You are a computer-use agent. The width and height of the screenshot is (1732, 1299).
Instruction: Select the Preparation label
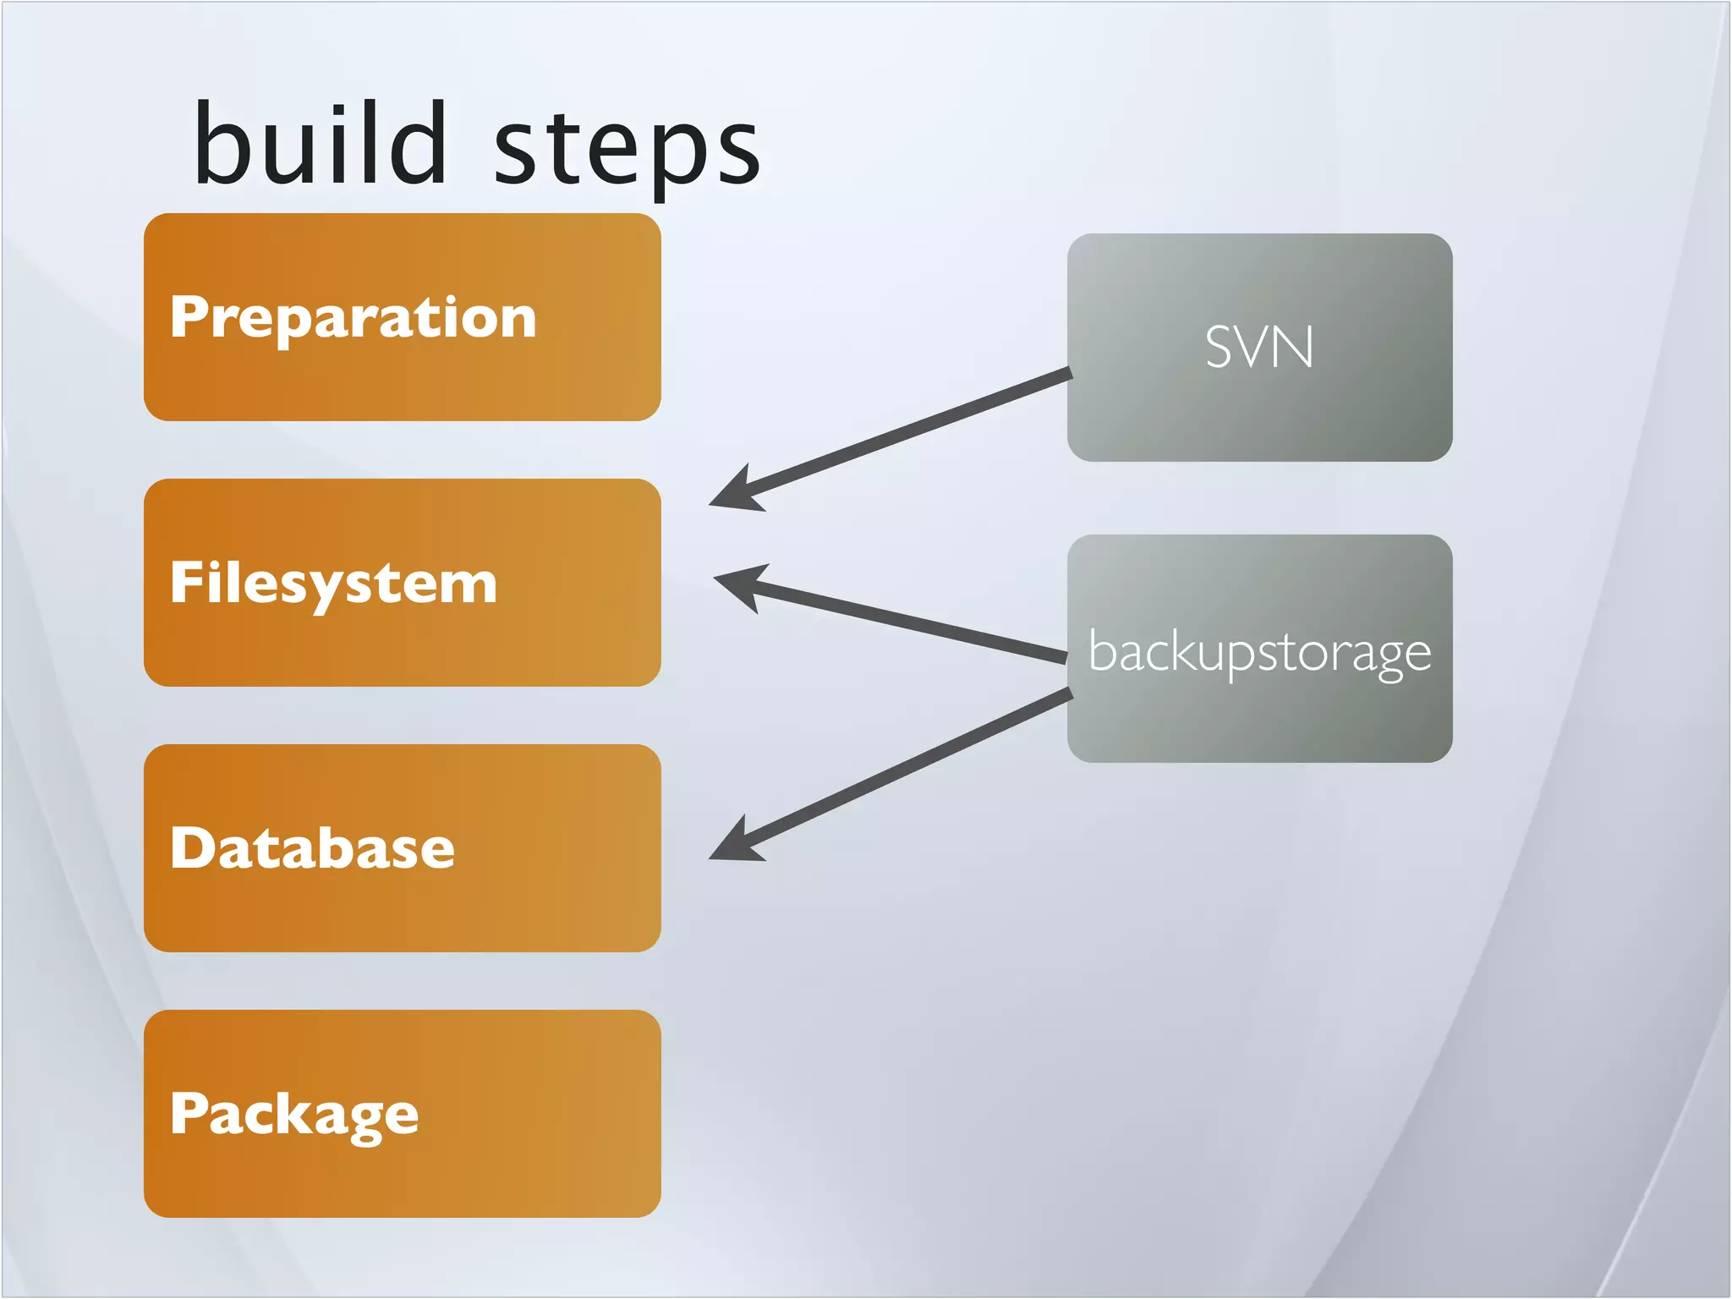[x=353, y=318]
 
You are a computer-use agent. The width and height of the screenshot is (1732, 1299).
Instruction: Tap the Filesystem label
[x=333, y=584]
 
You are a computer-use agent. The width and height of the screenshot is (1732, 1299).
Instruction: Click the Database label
[x=312, y=848]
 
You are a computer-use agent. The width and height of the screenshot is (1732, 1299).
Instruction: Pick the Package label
[x=293, y=1115]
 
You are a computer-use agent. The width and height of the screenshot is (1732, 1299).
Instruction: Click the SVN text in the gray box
[x=1259, y=348]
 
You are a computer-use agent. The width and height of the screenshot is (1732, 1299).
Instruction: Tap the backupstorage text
[x=1259, y=653]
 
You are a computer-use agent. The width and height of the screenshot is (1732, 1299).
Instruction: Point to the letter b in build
[x=220, y=144]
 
